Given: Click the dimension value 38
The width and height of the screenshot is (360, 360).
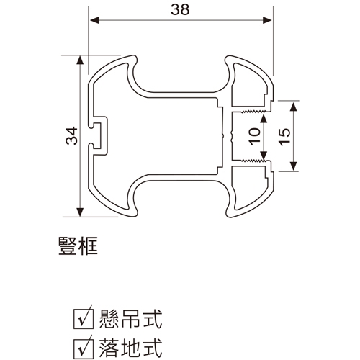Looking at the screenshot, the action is click(180, 10).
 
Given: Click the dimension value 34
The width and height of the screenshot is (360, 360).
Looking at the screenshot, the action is click(72, 136).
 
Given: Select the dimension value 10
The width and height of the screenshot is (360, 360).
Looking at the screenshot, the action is click(255, 136).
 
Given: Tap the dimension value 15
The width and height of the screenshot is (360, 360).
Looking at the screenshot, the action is click(284, 137).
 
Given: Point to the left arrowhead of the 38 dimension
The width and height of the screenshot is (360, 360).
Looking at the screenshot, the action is click(94, 20).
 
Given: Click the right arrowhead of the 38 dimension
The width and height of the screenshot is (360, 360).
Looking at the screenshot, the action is click(268, 20).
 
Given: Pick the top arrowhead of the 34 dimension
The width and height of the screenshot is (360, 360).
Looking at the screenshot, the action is click(80, 60).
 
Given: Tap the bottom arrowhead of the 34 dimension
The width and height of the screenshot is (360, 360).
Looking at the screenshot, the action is click(80, 212).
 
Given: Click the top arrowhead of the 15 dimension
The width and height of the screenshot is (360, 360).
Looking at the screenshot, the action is click(293, 106).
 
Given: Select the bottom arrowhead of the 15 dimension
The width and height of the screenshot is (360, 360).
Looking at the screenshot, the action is click(293, 166).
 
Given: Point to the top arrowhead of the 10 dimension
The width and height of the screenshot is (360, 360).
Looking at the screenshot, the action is click(264, 119).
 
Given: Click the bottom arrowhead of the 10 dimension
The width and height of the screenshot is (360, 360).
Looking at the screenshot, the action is click(264, 156).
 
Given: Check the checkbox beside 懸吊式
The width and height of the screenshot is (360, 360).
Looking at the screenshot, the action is click(83, 319).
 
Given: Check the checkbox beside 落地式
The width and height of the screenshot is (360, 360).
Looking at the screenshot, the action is click(83, 348).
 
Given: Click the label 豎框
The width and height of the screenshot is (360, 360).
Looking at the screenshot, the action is click(78, 246).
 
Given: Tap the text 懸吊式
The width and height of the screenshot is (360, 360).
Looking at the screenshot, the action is click(131, 319).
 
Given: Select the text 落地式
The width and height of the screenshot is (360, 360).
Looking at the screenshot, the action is click(131, 348).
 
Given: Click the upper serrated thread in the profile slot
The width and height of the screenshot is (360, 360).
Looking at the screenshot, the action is click(253, 112).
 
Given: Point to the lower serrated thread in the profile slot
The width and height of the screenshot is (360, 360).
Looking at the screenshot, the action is click(253, 160).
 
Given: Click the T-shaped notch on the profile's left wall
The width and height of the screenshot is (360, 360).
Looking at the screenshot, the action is click(98, 135).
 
